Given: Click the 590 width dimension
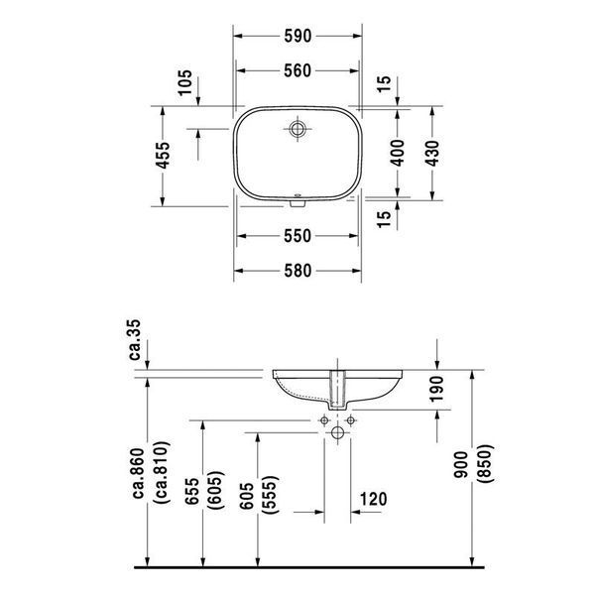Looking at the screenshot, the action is coord(297,36).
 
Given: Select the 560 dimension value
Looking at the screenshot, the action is coord(297,71).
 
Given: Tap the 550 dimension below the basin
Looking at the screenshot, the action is coord(297,236).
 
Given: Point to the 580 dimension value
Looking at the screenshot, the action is coord(297,271).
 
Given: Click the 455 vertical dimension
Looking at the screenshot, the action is coord(164,155).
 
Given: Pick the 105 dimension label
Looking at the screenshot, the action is coord(185,82).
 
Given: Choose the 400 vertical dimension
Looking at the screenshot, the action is coord(398,153).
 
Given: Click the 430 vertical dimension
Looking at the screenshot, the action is coord(432,154).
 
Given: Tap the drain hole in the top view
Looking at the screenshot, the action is coord(297,129).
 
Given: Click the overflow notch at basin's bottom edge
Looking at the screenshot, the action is coord(297,203).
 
